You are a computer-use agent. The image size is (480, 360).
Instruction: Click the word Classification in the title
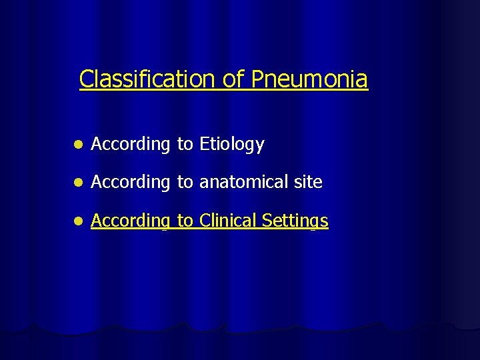point(148,79)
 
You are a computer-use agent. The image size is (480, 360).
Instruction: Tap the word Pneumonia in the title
point(309,79)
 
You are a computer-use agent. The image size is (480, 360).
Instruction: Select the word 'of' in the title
point(234,79)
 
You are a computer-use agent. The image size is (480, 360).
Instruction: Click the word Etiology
point(232,144)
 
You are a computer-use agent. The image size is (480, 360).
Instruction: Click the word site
point(308,182)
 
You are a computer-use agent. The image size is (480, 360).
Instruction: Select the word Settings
point(295,221)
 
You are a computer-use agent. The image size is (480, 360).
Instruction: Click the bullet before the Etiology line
point(78,145)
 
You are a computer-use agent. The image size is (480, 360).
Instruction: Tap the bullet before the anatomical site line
point(78,183)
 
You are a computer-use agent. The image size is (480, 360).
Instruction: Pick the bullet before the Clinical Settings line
point(78,221)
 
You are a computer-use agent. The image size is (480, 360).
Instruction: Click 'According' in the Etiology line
point(131,144)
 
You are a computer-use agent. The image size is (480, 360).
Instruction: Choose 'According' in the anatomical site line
point(131,182)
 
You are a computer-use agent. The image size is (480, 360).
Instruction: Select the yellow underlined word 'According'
point(131,221)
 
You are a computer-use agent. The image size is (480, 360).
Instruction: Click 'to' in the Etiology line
point(185,144)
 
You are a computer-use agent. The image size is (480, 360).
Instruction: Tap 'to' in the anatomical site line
point(185,182)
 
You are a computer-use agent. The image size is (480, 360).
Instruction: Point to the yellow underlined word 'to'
point(185,221)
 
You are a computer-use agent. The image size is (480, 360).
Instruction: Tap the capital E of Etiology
point(204,143)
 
